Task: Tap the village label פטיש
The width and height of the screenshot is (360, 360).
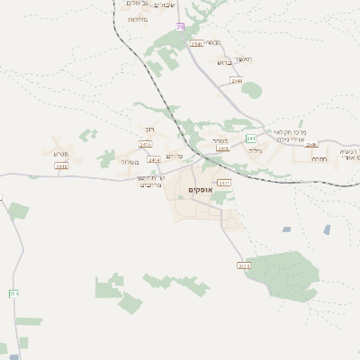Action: point(61,154)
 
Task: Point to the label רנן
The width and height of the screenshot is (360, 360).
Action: point(149,130)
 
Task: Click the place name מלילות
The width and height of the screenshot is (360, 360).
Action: point(137,19)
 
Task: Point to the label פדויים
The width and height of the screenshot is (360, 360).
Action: point(175,157)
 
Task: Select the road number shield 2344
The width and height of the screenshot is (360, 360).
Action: point(237,81)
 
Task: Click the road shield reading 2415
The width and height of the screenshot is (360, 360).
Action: point(146,144)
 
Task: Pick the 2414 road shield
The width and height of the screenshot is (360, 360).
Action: point(154,160)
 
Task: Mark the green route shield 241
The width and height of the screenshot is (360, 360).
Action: point(251,138)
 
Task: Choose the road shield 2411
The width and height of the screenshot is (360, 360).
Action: point(224,183)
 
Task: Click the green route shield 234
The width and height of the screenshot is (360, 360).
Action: point(13,293)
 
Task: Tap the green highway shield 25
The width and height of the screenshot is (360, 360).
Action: point(180,27)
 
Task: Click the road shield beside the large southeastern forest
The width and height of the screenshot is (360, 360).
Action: point(243,265)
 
